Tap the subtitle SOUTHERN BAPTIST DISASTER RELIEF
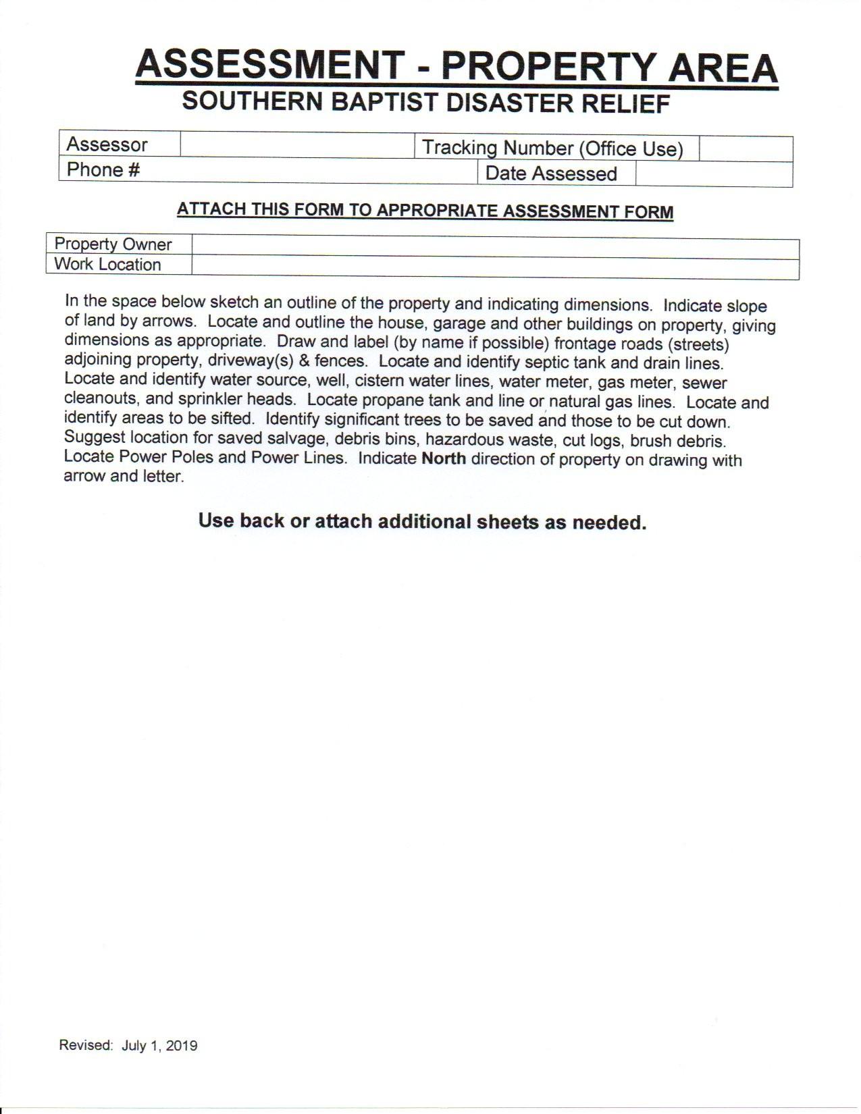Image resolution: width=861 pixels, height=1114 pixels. tap(426, 103)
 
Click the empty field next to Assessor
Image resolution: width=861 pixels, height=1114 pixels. tap(297, 145)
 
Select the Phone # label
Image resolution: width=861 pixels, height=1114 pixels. tap(103, 169)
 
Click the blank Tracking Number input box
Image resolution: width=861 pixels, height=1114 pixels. tap(745, 149)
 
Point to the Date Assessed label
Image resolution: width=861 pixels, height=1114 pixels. tap(551, 174)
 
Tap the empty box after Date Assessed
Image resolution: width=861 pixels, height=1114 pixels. tap(713, 174)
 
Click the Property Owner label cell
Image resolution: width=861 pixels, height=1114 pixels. tap(113, 244)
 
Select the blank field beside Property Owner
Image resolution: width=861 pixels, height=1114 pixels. tap(495, 247)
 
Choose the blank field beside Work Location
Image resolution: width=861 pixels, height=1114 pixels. tap(495, 268)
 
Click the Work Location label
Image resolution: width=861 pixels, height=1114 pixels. tap(108, 264)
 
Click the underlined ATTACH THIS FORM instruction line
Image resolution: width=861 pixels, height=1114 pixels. tap(425, 210)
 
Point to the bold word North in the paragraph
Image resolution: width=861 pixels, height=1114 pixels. tap(444, 459)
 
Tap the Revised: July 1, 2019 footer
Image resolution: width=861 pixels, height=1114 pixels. tap(128, 1046)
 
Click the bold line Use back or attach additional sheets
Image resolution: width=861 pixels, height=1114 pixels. tap(422, 521)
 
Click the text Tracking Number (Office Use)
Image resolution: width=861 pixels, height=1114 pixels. tap(552, 148)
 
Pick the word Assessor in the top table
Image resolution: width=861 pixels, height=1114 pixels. tap(107, 144)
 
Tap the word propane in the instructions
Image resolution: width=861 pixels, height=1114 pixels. tap(393, 400)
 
